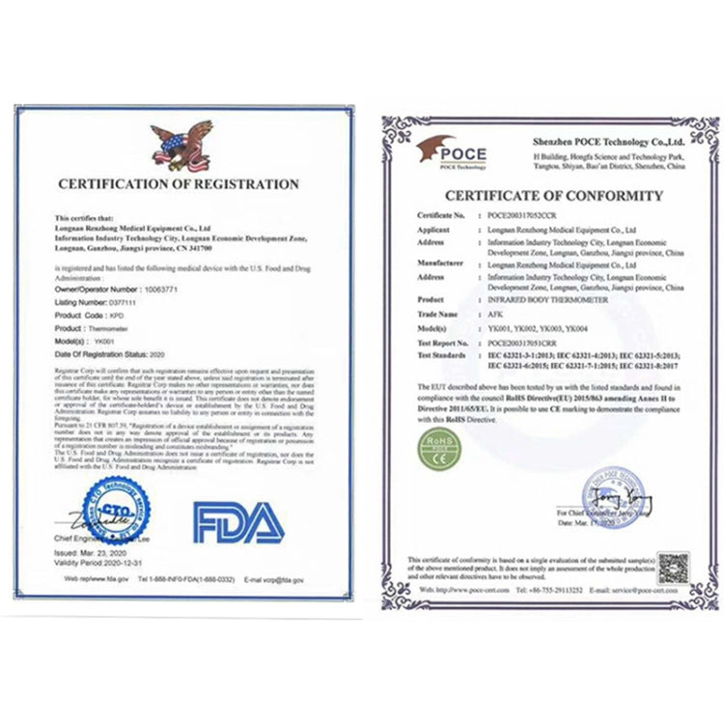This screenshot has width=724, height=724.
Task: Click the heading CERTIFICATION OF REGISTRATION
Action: [x=180, y=183]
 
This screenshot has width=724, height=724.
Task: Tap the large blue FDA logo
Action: [x=238, y=523]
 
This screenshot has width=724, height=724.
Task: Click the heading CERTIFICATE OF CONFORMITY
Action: [x=540, y=196]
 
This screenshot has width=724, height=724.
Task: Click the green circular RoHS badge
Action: [x=437, y=449]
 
